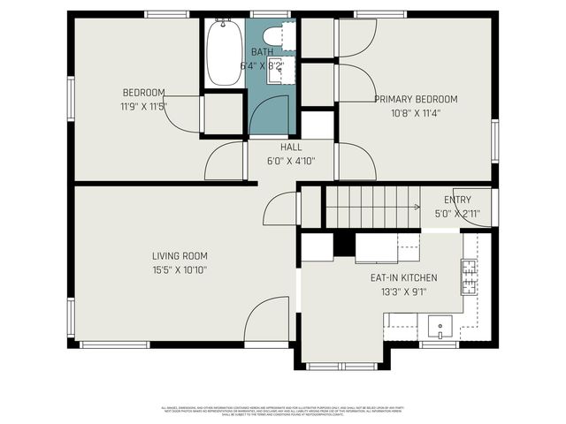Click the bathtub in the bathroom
pos(224,53)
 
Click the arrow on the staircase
pos(416,208)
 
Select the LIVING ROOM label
pos(180,256)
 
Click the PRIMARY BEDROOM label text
pos(416,99)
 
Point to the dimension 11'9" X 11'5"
pos(143,106)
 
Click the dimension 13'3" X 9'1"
pos(403,291)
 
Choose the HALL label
pos(291,147)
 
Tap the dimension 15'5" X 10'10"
pos(180,270)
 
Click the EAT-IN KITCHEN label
pos(403,277)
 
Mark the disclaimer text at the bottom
pos(282,411)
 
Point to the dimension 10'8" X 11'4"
pos(416,113)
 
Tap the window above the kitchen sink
pos(433,344)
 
